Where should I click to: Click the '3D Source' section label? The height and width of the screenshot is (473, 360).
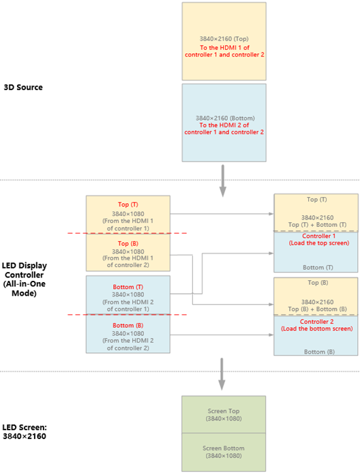coord(23,87)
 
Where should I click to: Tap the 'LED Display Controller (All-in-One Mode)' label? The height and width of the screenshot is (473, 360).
coord(24,279)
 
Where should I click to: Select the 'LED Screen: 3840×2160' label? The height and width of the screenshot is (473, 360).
coord(25,431)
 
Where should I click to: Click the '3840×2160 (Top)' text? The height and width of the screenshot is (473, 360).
coord(224,39)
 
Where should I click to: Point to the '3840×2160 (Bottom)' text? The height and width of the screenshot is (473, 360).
coord(225,118)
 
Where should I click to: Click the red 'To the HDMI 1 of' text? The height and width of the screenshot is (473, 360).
coord(224,48)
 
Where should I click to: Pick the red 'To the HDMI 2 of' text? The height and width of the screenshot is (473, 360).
coord(224,125)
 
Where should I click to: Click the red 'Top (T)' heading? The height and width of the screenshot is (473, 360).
coord(128,204)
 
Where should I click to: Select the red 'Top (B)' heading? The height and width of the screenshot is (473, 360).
coord(128,243)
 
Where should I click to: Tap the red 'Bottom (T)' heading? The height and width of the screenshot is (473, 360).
coord(128,287)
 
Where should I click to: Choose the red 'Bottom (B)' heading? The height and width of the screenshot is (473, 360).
coord(128,326)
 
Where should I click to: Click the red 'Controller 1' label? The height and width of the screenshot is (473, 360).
coord(318,236)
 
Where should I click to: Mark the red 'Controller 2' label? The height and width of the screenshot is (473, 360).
coord(317,322)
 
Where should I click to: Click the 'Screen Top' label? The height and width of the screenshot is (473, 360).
coord(224,411)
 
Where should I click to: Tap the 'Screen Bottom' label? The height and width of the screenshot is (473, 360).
coord(224,448)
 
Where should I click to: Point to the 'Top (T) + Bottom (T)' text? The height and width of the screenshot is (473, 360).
coord(317,225)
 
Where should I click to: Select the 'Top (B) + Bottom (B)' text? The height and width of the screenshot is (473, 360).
coord(317,309)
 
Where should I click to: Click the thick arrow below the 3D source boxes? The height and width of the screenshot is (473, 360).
coord(223,181)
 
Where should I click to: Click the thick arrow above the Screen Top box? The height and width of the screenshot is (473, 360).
coord(222,374)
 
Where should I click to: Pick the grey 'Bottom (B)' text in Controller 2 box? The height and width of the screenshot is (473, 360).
coord(319,352)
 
